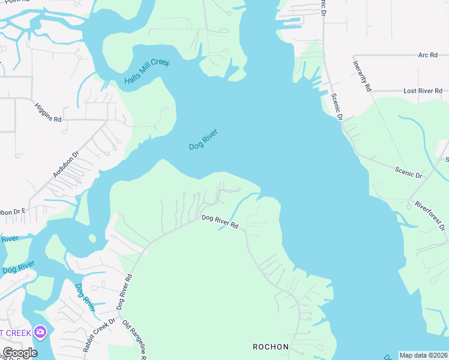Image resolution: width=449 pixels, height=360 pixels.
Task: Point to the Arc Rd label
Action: pyautogui.click(x=427, y=55)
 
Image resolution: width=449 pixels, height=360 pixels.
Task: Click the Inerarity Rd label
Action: pyautogui.click(x=362, y=76)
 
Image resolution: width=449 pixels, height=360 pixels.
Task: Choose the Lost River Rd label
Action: pyautogui.click(x=423, y=91)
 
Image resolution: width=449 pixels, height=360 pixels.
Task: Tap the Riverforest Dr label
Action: pyautogui.click(x=429, y=215)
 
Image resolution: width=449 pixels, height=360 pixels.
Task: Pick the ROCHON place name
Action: pyautogui.click(x=271, y=347)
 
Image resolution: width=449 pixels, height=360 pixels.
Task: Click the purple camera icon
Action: pyautogui.click(x=40, y=332)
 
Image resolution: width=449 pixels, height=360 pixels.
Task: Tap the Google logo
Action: pyautogui.click(x=20, y=353)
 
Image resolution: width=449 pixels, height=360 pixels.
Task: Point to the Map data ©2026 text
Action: pyautogui.click(x=424, y=355)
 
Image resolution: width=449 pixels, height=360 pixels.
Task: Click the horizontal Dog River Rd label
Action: pyautogui.click(x=220, y=222)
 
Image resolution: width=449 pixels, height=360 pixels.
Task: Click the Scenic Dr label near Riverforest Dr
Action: pyautogui.click(x=409, y=173)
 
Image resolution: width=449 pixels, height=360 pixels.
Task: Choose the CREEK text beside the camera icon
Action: pyautogui.click(x=15, y=332)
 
